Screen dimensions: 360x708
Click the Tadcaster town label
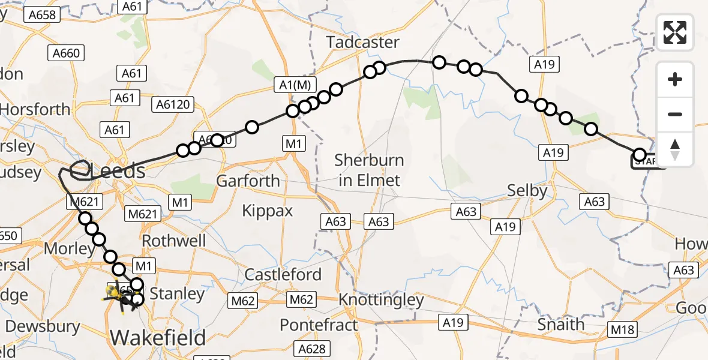click(x=362, y=42)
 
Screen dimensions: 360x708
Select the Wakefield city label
click(x=158, y=337)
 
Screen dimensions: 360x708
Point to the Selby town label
click(x=527, y=191)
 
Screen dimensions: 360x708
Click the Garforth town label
click(x=248, y=181)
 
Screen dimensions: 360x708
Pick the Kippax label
click(x=267, y=211)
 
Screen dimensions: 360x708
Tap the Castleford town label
click(x=283, y=275)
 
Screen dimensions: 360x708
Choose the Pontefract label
click(x=319, y=325)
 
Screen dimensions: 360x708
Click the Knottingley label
click(x=381, y=299)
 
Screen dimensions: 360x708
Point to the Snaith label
click(x=560, y=325)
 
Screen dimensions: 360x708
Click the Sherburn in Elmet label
click(x=369, y=170)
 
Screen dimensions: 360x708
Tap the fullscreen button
click(x=675, y=32)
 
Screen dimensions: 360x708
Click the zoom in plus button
click(x=675, y=79)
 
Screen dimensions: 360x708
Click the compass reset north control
click(x=675, y=149)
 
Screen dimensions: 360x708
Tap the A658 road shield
click(x=43, y=14)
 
